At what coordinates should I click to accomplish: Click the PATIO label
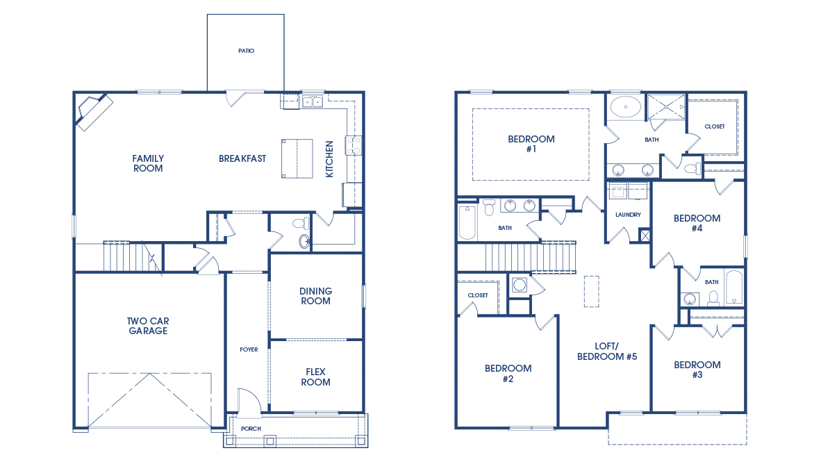(246, 51)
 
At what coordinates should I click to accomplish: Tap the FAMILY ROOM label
(148, 163)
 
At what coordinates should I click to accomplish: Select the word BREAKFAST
(242, 158)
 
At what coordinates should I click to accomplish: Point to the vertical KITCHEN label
(329, 159)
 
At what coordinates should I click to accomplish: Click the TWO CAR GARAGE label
(148, 326)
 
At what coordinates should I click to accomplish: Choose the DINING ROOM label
(316, 296)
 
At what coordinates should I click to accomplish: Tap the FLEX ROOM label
(316, 377)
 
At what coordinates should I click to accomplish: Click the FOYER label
(249, 349)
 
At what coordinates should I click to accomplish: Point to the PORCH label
(251, 429)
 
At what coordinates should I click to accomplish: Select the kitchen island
(297, 158)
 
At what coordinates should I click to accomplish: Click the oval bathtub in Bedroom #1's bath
(626, 107)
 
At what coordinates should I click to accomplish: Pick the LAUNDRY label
(629, 215)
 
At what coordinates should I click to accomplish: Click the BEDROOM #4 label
(697, 223)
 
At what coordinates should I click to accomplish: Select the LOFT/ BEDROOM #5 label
(607, 352)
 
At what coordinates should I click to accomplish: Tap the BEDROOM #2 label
(508, 374)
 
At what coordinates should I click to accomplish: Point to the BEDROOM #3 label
(697, 370)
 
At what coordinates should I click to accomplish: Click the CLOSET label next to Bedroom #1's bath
(715, 126)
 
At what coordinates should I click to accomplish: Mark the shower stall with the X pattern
(666, 107)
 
